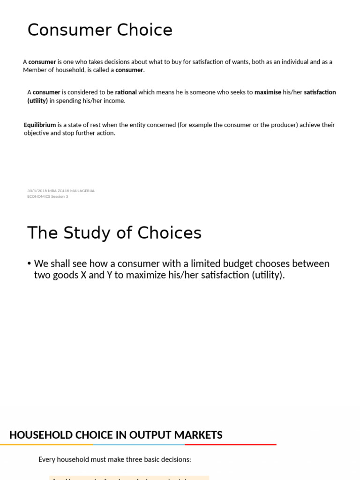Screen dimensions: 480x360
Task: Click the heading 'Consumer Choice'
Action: click(100, 30)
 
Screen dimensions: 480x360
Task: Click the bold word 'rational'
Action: click(126, 92)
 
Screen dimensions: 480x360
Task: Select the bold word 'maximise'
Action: click(268, 92)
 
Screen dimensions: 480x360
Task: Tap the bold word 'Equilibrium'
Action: click(40, 125)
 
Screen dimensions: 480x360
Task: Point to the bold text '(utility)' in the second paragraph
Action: click(37, 101)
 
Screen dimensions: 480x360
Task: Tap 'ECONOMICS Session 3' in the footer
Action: click(47, 196)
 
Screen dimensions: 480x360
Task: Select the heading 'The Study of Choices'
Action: click(114, 233)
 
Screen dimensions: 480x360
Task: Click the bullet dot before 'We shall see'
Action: click(30, 264)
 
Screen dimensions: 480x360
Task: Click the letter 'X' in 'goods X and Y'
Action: click(83, 275)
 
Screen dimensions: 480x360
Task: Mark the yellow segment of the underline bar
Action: click(46, 444)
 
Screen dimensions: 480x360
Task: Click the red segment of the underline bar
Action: click(230, 444)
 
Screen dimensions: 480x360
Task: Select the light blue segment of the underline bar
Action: click(139, 444)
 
